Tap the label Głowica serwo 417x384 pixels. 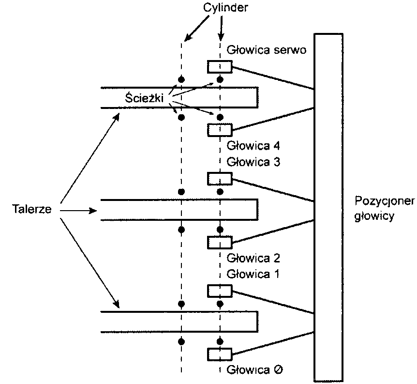[x=266, y=50]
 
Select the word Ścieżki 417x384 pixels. [x=143, y=98]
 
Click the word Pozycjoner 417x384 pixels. [x=385, y=201]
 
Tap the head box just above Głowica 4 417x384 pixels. [x=220, y=129]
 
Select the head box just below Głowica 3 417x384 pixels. [x=220, y=179]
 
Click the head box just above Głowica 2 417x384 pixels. [x=220, y=241]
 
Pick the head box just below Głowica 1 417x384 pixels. [x=220, y=291]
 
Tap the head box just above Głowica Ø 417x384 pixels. [x=220, y=354]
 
